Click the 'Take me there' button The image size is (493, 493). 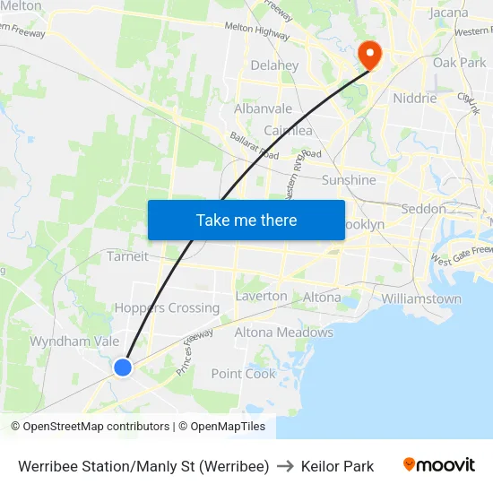[x=246, y=220]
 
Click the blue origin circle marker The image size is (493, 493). [x=123, y=367]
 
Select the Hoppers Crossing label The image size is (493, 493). [x=167, y=307]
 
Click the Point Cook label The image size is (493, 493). [x=243, y=373]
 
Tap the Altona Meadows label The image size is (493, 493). [x=283, y=333]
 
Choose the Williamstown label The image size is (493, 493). [x=420, y=298]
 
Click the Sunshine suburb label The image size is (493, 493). [x=349, y=180]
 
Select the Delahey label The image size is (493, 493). [x=274, y=65]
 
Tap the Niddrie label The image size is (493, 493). [x=415, y=99]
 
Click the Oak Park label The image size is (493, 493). [x=459, y=63]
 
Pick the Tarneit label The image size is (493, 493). [x=127, y=256]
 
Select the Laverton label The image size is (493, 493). [x=261, y=296]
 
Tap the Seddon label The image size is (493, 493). [x=424, y=209]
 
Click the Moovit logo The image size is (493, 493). [x=439, y=465]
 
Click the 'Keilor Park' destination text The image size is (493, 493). [x=337, y=466]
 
